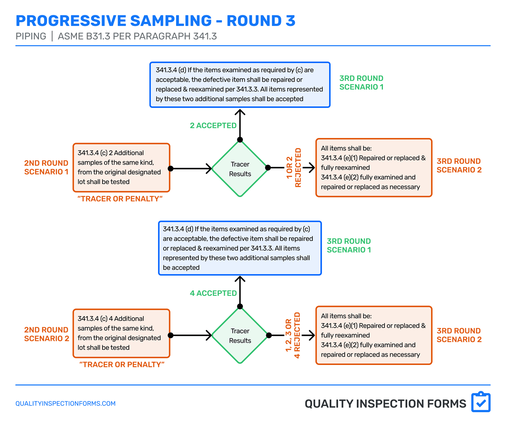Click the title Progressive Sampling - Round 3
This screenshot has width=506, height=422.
click(x=156, y=21)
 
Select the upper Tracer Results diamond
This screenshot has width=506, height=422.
click(x=240, y=169)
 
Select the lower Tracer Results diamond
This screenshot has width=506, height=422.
click(x=240, y=336)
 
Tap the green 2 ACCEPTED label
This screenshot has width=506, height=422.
click(x=213, y=125)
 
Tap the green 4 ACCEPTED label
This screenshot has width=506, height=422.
click(x=213, y=293)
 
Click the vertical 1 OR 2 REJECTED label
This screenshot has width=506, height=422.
click(x=294, y=168)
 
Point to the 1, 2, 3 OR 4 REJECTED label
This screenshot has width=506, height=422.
click(x=293, y=335)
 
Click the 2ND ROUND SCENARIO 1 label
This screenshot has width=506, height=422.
click(x=46, y=167)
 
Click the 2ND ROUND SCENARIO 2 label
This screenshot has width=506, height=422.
click(x=47, y=334)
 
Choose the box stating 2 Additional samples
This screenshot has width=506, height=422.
click(x=121, y=168)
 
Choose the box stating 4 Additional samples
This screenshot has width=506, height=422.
click(x=121, y=333)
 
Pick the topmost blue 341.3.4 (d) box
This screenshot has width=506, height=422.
click(x=240, y=85)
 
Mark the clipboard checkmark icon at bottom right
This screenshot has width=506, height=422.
click(x=481, y=402)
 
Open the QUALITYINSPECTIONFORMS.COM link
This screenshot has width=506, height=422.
click(x=65, y=403)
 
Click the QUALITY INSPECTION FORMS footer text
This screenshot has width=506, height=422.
click(x=385, y=404)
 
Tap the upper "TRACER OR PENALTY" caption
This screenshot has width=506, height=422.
click(x=120, y=199)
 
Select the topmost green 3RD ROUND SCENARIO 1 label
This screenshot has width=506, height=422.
click(x=361, y=83)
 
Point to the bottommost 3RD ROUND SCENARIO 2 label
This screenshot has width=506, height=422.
click(x=459, y=335)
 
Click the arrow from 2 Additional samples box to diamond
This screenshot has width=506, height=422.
click(x=191, y=168)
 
